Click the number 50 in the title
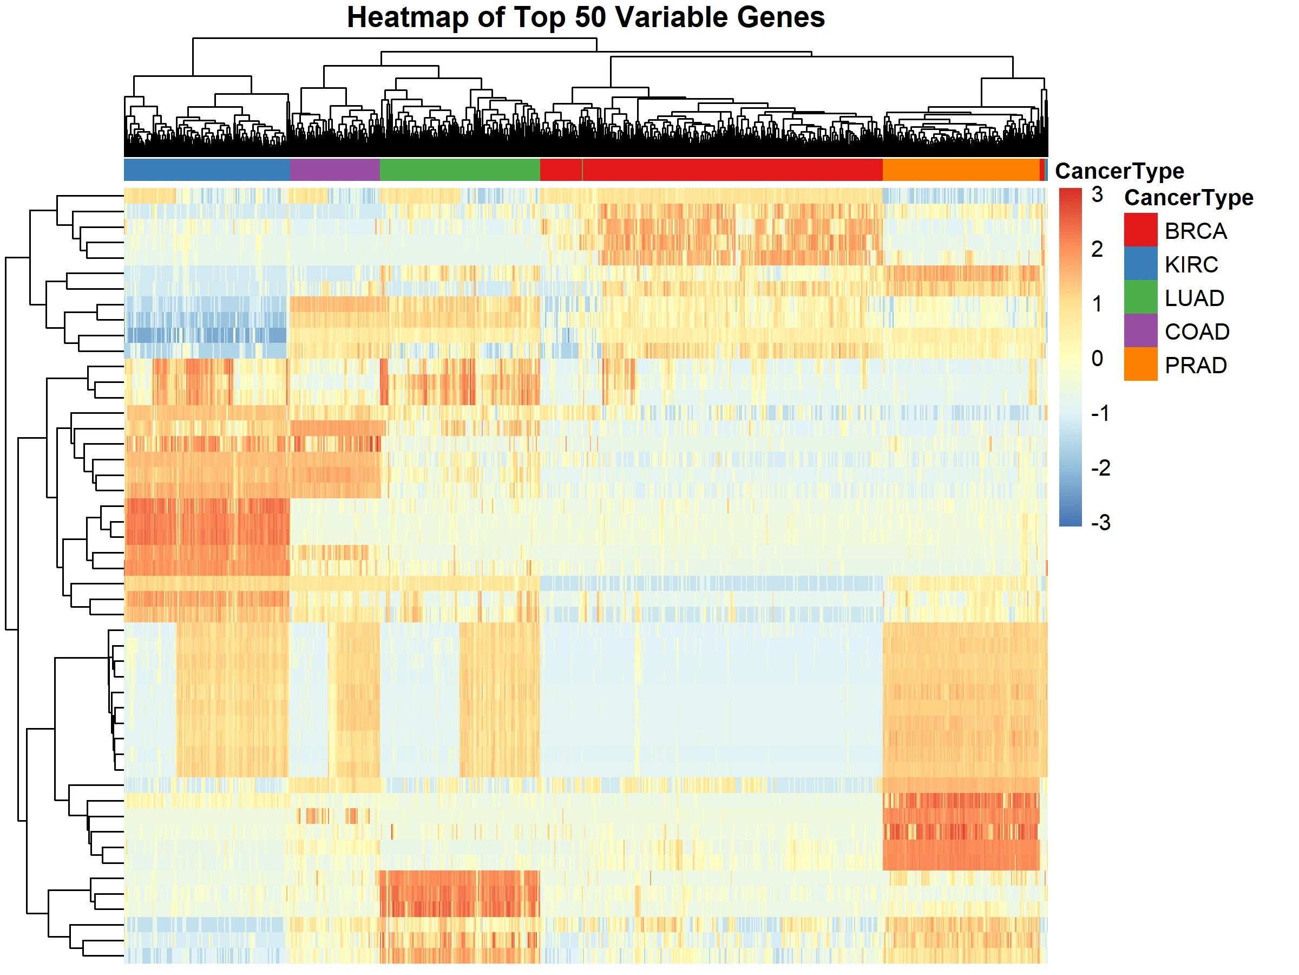click(x=590, y=18)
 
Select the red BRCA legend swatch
click(x=1140, y=230)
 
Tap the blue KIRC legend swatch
click(x=1140, y=264)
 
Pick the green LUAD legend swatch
click(x=1140, y=297)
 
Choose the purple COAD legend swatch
click(x=1140, y=331)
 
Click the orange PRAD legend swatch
click(x=1140, y=365)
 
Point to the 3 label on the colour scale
click(x=1097, y=195)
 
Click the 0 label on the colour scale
click(x=1097, y=359)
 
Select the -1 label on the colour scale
click(x=1100, y=413)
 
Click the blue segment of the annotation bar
click(x=207, y=170)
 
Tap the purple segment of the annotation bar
click(x=334, y=170)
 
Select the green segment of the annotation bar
click(x=460, y=170)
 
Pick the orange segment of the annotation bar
click(x=961, y=170)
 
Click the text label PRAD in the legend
click(x=1196, y=366)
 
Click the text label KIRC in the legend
click(x=1191, y=265)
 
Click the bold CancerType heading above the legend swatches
click(x=1188, y=198)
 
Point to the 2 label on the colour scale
click(x=1097, y=250)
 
